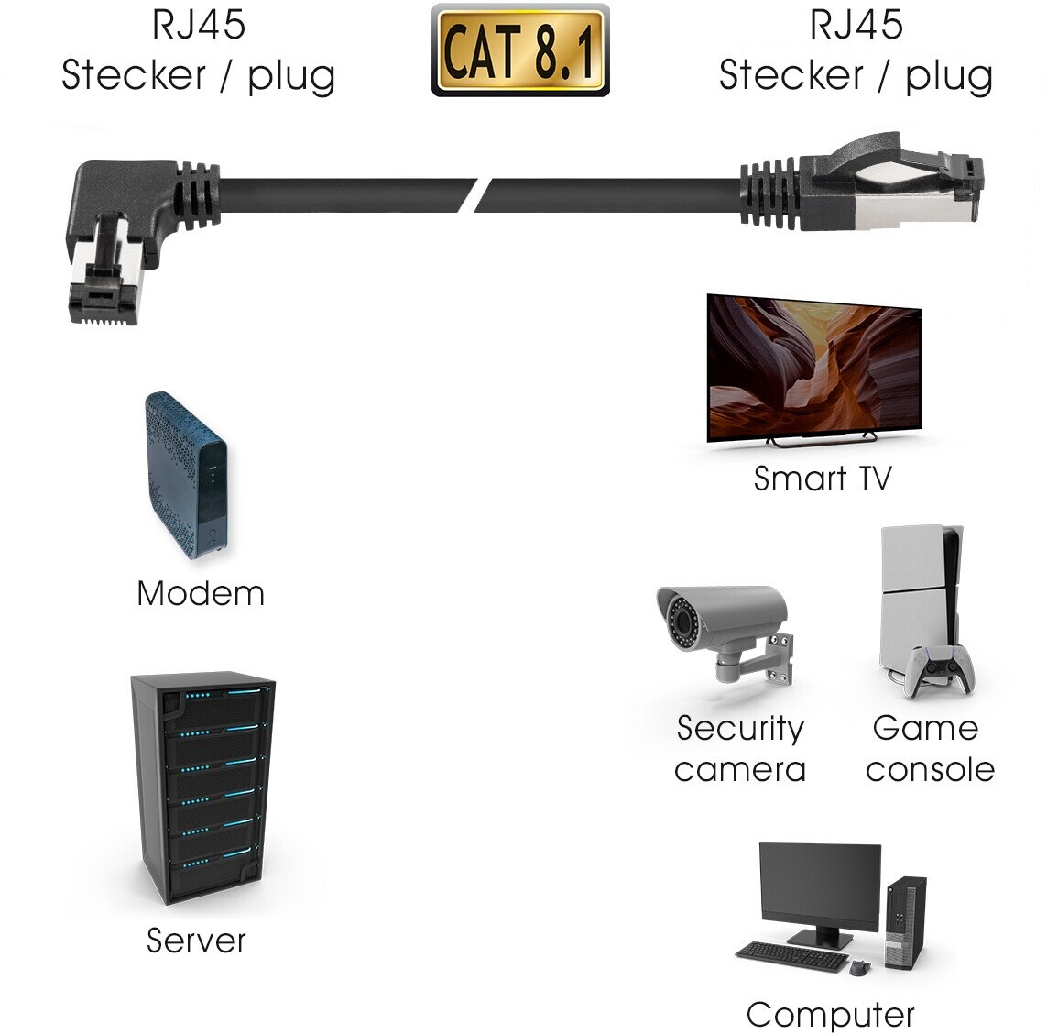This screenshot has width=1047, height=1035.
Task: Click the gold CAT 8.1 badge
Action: [x=520, y=51]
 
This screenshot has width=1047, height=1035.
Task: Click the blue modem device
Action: [x=186, y=475]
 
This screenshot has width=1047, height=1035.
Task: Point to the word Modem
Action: [x=201, y=594]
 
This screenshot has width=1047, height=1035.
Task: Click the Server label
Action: [x=196, y=941]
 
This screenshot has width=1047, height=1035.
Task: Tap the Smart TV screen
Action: [x=813, y=367]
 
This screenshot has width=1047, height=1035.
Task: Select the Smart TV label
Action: [x=822, y=479]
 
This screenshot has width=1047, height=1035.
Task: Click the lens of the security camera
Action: [x=679, y=618]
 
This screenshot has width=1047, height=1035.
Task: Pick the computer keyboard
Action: [x=792, y=956]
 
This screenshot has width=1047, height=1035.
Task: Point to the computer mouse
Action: [x=858, y=967]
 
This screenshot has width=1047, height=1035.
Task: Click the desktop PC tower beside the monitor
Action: [x=905, y=921]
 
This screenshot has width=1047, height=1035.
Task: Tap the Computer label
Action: [x=830, y=1015]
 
